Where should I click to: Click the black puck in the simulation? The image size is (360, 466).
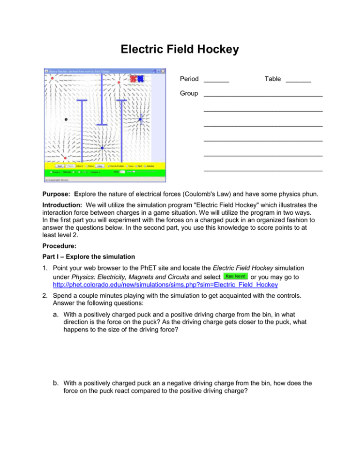66,119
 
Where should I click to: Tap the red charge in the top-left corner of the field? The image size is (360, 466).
52,79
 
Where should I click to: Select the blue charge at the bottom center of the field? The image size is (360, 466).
102,148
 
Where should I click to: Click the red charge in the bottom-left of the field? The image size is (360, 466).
65,158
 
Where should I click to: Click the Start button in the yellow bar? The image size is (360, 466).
60,166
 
